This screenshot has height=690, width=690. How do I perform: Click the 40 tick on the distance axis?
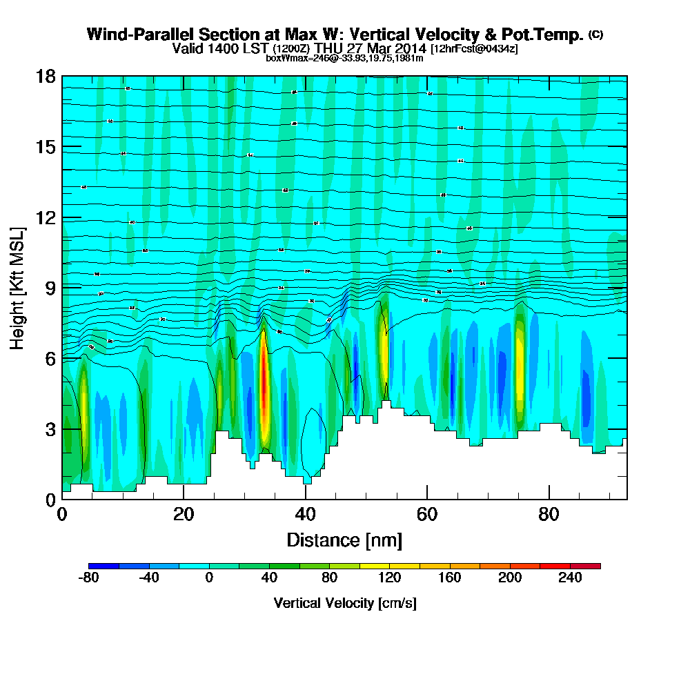point(305,513)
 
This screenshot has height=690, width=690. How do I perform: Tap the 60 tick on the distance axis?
point(427,513)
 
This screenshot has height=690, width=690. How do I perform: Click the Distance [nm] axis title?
point(344,540)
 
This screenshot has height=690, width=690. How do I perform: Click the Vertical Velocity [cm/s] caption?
point(344,603)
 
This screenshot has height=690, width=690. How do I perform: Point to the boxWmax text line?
point(344,58)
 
